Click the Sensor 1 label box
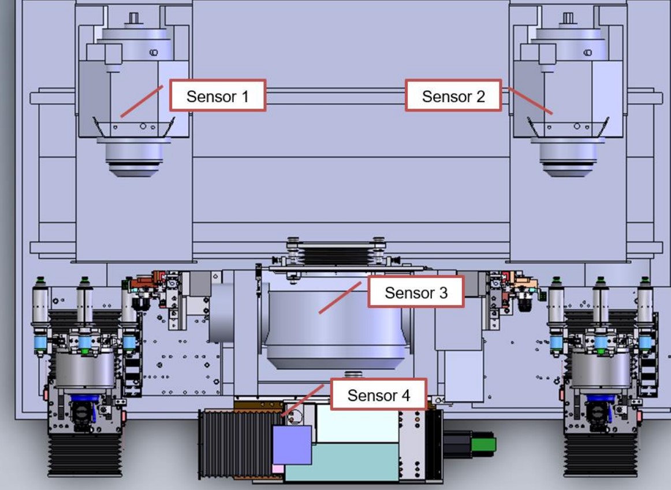217,96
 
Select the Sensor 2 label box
453,96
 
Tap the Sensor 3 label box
416,292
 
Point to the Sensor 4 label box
378,395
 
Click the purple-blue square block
292,445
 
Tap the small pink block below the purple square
278,468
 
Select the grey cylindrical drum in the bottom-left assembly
85,370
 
